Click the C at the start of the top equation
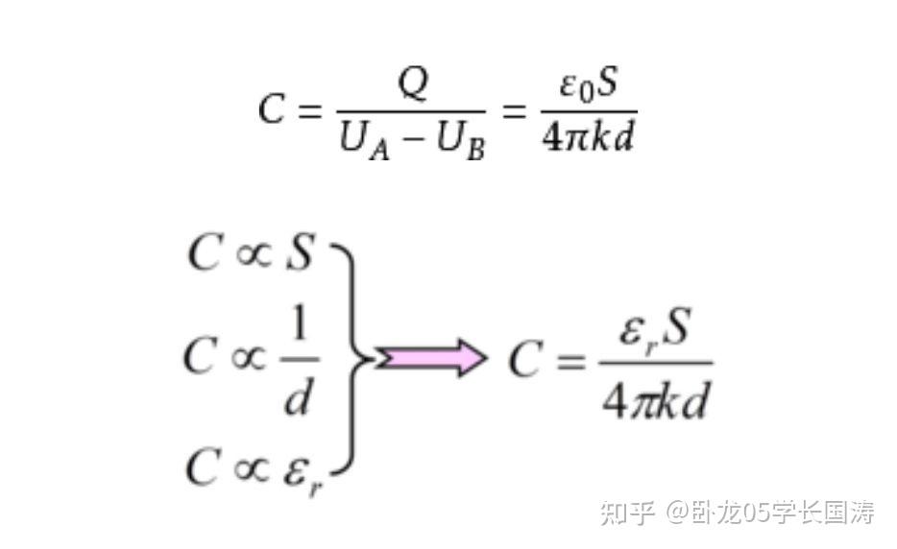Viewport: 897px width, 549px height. click(x=272, y=109)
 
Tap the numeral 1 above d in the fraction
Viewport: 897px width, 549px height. click(x=299, y=329)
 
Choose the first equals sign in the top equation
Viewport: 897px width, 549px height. click(x=307, y=111)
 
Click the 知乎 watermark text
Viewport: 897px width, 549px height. click(x=627, y=513)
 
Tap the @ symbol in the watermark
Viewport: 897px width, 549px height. click(x=681, y=513)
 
